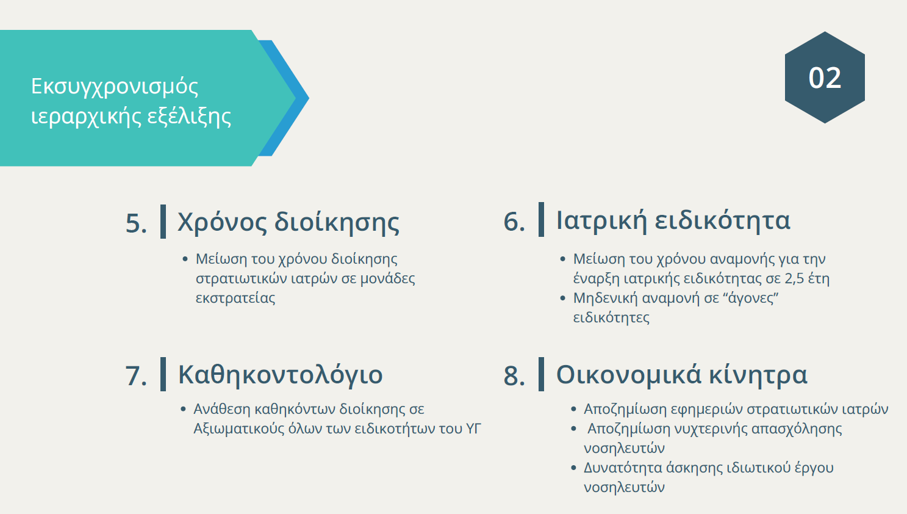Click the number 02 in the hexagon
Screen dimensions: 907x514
pyautogui.click(x=825, y=78)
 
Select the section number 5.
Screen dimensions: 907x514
pyautogui.click(x=136, y=223)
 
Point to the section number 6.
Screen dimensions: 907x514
pyautogui.click(x=514, y=222)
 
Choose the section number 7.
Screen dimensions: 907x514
pyautogui.click(x=136, y=376)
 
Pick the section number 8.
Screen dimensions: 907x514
pyautogui.click(x=514, y=375)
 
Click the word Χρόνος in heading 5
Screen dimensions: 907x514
pyautogui.click(x=221, y=223)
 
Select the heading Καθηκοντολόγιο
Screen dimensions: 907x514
pyautogui.click(x=280, y=375)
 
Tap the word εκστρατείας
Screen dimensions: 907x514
pyautogui.click(x=235, y=298)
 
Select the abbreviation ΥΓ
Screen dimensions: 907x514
pyautogui.click(x=473, y=429)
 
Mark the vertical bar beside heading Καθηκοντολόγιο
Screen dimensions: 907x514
pyautogui.click(x=163, y=374)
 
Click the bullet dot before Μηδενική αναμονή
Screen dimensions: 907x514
pyautogui.click(x=562, y=299)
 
